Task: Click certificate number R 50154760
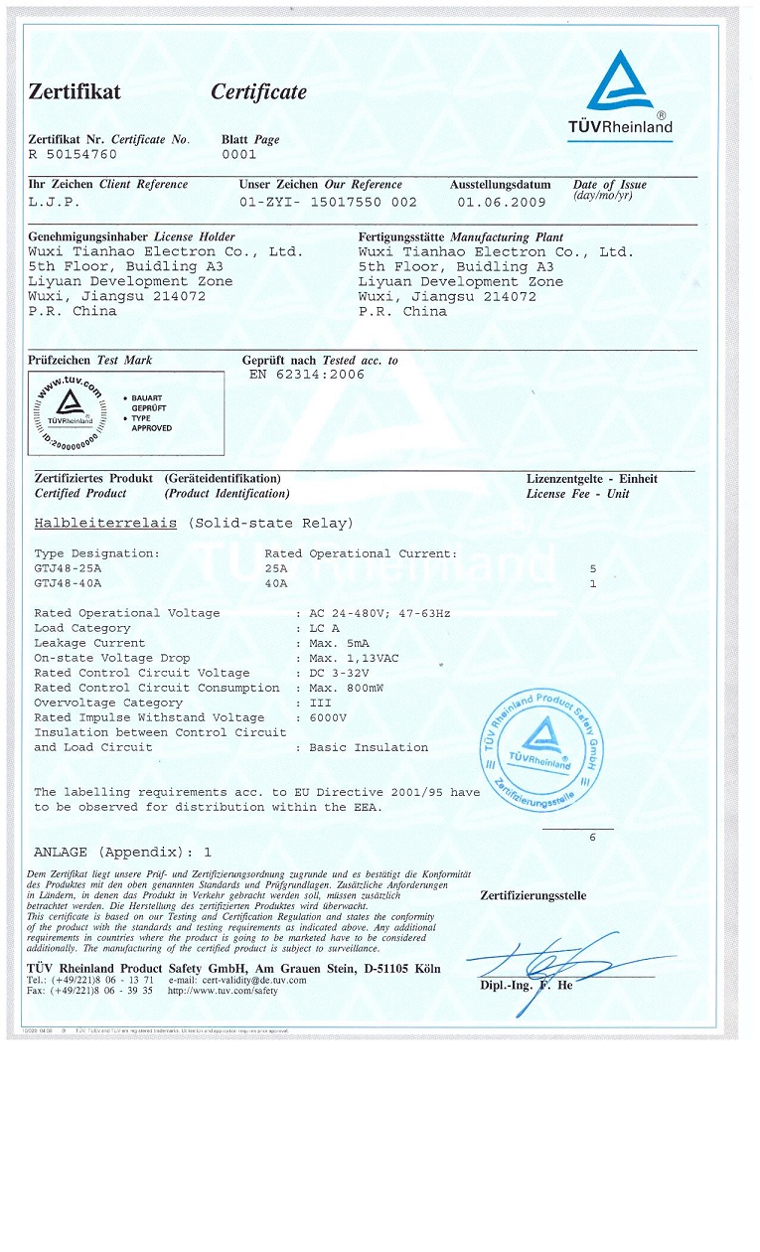click(73, 155)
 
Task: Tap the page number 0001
click(238, 155)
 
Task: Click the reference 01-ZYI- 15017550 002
click(329, 202)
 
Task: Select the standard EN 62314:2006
click(305, 375)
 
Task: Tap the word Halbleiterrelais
click(105, 523)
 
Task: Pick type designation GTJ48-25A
click(69, 567)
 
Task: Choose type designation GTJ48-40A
click(69, 582)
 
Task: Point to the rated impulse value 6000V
click(328, 717)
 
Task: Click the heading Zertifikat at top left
click(75, 92)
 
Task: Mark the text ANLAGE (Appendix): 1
click(123, 853)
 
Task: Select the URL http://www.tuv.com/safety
click(224, 991)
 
